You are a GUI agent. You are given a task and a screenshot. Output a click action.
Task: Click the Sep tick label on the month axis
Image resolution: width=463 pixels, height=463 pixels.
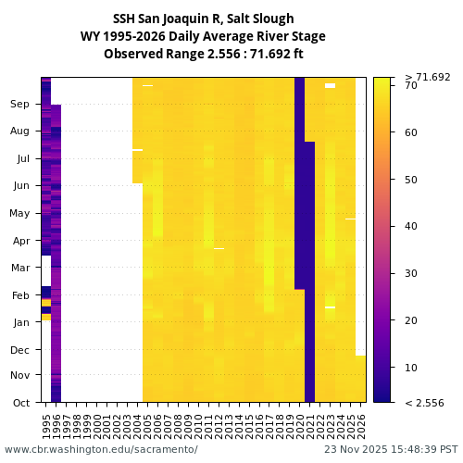20,105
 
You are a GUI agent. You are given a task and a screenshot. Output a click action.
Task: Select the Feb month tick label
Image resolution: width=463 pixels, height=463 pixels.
20,294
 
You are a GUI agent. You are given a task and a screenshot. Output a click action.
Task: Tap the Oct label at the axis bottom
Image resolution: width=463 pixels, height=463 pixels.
20,402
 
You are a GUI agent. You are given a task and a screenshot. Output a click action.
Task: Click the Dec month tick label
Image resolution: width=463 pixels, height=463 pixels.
20,349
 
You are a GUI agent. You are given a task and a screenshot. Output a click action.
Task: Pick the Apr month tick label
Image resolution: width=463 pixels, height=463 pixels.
20,240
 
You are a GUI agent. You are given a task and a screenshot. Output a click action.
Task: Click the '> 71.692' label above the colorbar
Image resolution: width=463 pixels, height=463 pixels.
428,77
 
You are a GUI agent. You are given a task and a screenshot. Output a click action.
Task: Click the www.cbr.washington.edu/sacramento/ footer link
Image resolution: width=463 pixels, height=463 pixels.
101,449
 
